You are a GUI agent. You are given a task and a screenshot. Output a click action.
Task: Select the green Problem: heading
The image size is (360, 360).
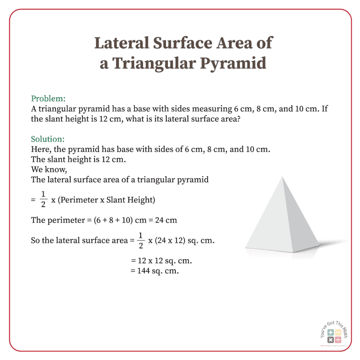point(48,99)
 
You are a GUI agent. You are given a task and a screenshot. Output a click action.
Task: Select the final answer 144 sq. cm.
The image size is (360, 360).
point(155,271)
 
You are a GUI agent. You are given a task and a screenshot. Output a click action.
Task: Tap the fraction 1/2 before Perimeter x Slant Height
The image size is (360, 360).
point(43,200)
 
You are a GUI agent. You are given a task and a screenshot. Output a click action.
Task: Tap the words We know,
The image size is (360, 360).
point(45,169)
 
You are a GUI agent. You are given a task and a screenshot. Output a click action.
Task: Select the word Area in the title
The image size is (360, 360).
point(232,43)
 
